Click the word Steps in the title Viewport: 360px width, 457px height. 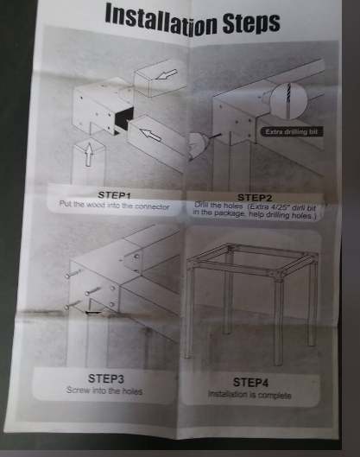tap(251, 22)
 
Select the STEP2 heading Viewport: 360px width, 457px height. tap(255, 198)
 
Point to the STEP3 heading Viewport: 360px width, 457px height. tap(106, 378)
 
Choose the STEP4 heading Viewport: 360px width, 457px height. tap(250, 383)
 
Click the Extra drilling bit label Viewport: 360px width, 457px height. tap(291, 131)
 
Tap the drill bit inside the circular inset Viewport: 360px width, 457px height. tap(288, 100)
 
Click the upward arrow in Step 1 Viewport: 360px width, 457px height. tap(89, 155)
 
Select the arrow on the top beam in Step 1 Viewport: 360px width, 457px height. tap(166, 74)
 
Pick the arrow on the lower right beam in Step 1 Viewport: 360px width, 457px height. tap(150, 135)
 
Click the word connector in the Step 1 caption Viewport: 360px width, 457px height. tap(152, 206)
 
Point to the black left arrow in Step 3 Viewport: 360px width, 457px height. tap(93, 313)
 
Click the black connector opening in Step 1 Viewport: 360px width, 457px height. tap(123, 120)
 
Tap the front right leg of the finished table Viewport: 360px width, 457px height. tap(279, 321)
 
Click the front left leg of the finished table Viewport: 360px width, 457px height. tap(188, 309)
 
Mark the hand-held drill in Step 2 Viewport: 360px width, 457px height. tap(197, 146)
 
